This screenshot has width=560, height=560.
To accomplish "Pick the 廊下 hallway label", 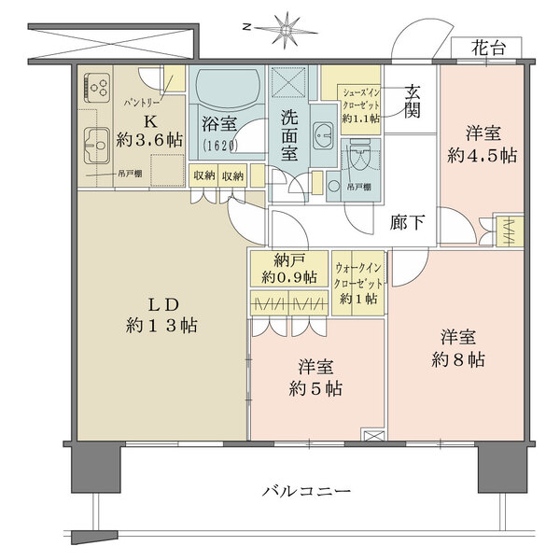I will point(408,222).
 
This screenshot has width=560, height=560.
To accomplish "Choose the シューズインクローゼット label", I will point(358,104).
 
